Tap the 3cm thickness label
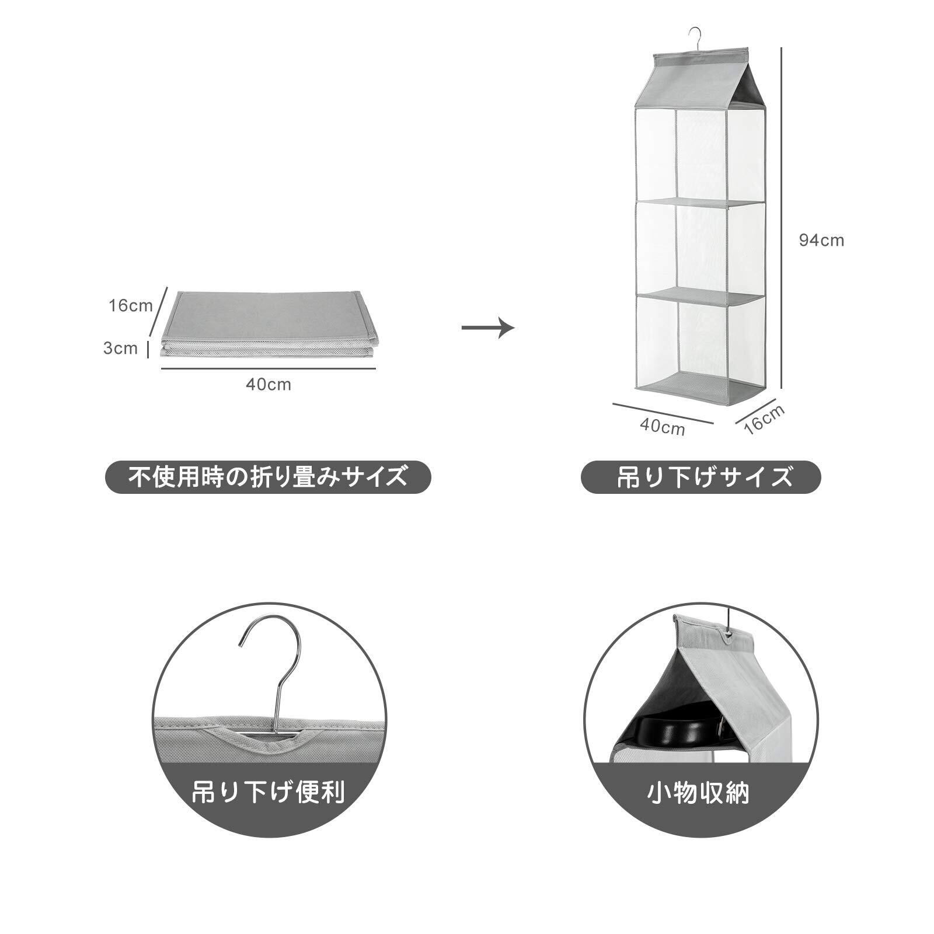(x=120, y=348)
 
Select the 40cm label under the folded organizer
(x=268, y=385)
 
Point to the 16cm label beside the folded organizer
(x=130, y=305)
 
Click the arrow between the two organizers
(x=487, y=327)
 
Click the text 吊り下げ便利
(x=269, y=792)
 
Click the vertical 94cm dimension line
(x=782, y=216)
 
